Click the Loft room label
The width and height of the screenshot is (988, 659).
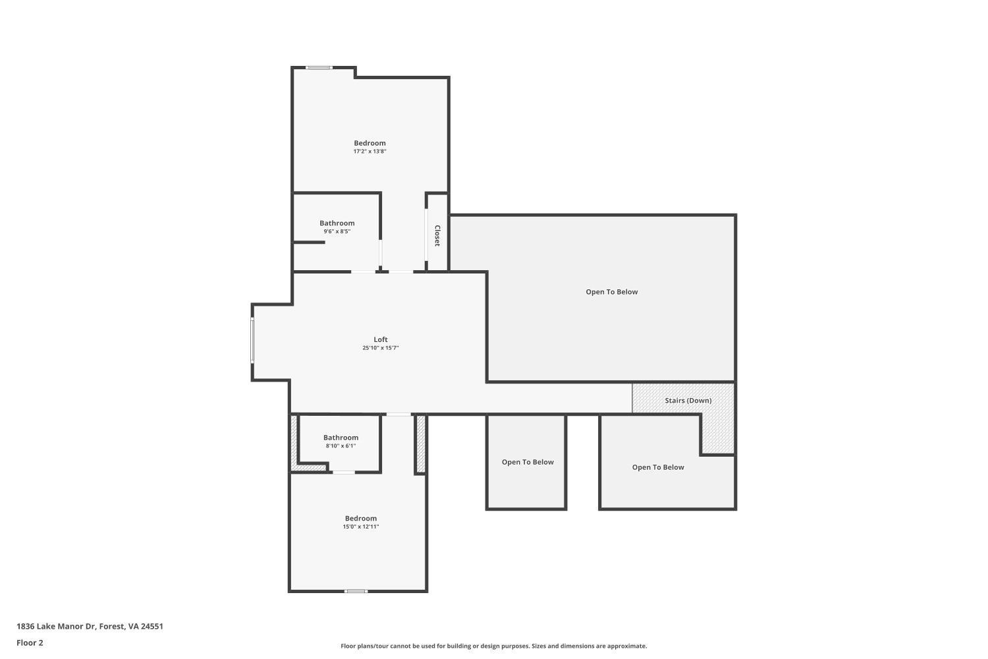point(381,339)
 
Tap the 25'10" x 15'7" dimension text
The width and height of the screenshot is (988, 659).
point(381,348)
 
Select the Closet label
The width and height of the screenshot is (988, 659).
point(437,235)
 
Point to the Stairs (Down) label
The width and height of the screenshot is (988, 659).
point(688,400)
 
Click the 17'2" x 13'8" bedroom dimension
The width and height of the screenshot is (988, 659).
point(370,152)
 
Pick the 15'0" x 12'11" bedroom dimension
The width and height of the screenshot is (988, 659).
point(360,527)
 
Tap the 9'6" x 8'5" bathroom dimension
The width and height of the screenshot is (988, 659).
point(337,231)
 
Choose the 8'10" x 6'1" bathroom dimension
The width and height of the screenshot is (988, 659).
point(341,446)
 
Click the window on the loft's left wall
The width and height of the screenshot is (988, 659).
point(252,341)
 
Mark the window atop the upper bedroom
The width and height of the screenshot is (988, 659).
point(319,67)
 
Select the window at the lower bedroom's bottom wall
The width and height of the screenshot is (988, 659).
point(356,591)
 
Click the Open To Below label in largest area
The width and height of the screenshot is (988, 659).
point(611,292)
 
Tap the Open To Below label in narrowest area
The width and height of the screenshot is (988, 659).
point(528,462)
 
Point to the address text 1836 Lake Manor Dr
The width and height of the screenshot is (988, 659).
point(90,626)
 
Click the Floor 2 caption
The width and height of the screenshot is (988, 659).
point(30,643)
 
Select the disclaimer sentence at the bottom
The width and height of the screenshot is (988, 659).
point(493,646)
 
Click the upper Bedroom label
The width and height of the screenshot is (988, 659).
point(370,143)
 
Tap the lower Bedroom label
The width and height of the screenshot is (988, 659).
point(360,518)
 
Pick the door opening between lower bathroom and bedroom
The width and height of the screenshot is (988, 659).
point(343,472)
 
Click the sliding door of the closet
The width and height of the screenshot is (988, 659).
point(427,235)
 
